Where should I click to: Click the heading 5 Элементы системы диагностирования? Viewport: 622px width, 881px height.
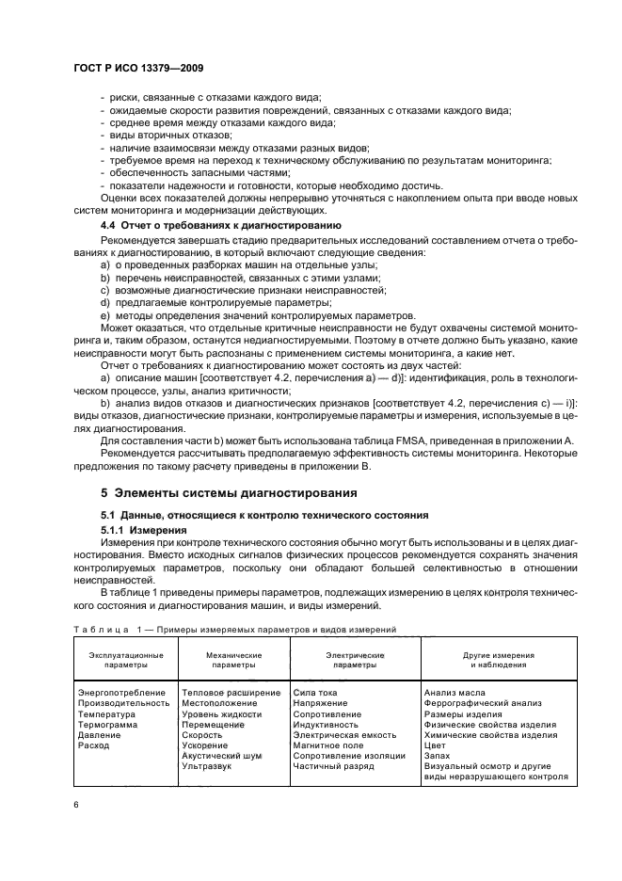pos(229,492)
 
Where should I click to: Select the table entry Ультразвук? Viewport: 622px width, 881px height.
pos(207,766)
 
